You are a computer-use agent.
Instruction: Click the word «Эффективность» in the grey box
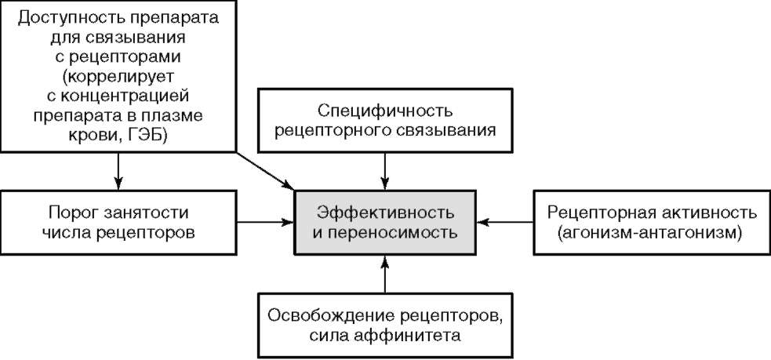point(384,212)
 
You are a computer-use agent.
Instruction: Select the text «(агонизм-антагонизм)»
point(652,233)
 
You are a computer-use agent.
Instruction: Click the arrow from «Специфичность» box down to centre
point(384,169)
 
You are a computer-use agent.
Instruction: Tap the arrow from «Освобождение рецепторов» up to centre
point(384,275)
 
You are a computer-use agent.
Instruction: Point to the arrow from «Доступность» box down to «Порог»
point(118,169)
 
